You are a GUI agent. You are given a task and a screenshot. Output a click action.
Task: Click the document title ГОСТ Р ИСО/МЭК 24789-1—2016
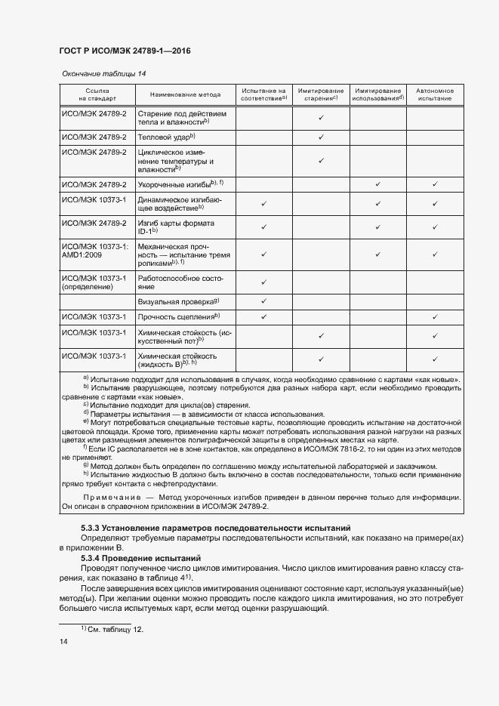(x=125, y=51)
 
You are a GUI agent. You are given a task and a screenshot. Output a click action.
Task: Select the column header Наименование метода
(x=185, y=95)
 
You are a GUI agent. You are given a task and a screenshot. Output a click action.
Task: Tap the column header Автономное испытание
(x=435, y=94)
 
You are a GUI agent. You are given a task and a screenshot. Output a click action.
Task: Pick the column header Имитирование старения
(x=321, y=94)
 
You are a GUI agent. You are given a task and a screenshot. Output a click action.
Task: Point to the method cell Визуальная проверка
(x=177, y=301)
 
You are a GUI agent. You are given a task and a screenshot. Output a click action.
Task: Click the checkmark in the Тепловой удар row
(x=321, y=137)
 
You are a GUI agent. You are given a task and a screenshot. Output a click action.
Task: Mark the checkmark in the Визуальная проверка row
(x=264, y=301)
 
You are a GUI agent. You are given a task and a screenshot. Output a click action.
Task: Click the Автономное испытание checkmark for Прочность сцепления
(x=435, y=316)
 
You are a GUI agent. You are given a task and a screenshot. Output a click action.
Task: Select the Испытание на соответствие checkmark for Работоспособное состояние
(x=264, y=282)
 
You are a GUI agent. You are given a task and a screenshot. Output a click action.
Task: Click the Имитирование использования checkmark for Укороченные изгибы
(x=378, y=184)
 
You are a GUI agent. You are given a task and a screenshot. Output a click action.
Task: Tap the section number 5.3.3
(x=91, y=526)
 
